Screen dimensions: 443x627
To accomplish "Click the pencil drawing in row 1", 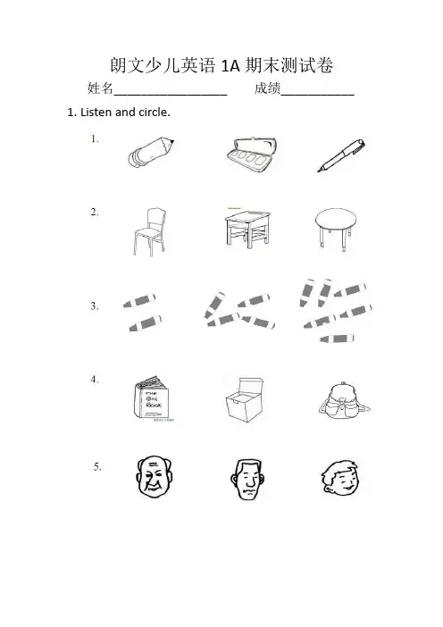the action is [151, 152].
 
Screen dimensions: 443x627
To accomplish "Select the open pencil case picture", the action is [251, 155].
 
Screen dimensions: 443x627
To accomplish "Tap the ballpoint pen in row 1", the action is [341, 155].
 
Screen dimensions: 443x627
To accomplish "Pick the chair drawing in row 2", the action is [149, 231].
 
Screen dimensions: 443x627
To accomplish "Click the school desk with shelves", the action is [247, 228].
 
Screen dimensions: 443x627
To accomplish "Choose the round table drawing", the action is [336, 229].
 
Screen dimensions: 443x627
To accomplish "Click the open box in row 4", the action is [245, 400].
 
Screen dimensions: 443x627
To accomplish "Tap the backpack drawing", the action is [344, 400].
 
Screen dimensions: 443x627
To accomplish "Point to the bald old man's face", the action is [154, 476].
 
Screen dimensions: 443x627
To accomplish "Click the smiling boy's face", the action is [340, 478].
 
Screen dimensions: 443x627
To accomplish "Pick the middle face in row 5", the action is [247, 479].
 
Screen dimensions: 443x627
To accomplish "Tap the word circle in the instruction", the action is [155, 113].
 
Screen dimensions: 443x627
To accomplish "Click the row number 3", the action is [94, 306].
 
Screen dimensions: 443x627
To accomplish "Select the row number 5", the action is [97, 466].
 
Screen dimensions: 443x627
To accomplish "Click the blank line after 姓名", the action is [171, 96].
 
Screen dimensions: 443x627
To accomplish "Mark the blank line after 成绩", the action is [317, 96].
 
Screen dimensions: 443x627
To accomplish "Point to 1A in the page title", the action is [230, 65].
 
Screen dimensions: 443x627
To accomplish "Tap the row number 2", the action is [94, 213].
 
